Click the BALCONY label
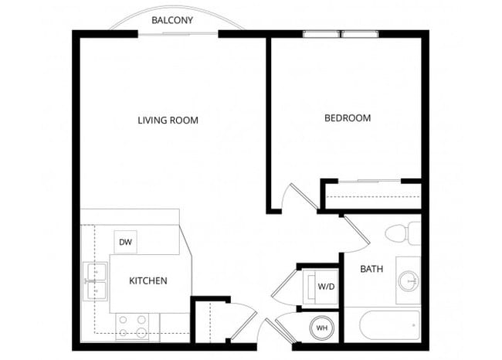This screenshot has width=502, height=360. click(x=171, y=19)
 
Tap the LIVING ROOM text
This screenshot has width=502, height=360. click(x=168, y=120)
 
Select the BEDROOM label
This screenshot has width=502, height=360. click(x=347, y=118)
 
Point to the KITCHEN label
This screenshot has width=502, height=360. click(x=148, y=280)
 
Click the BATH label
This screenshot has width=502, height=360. click(x=371, y=270)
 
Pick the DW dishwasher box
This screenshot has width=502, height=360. click(x=125, y=242)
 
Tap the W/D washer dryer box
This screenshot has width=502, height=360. click(x=326, y=287)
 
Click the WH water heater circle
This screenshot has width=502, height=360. click(x=322, y=328)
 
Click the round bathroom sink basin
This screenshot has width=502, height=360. click(x=409, y=279)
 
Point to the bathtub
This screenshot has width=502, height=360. click(x=382, y=326)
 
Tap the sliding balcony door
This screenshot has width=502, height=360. click(x=178, y=33)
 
